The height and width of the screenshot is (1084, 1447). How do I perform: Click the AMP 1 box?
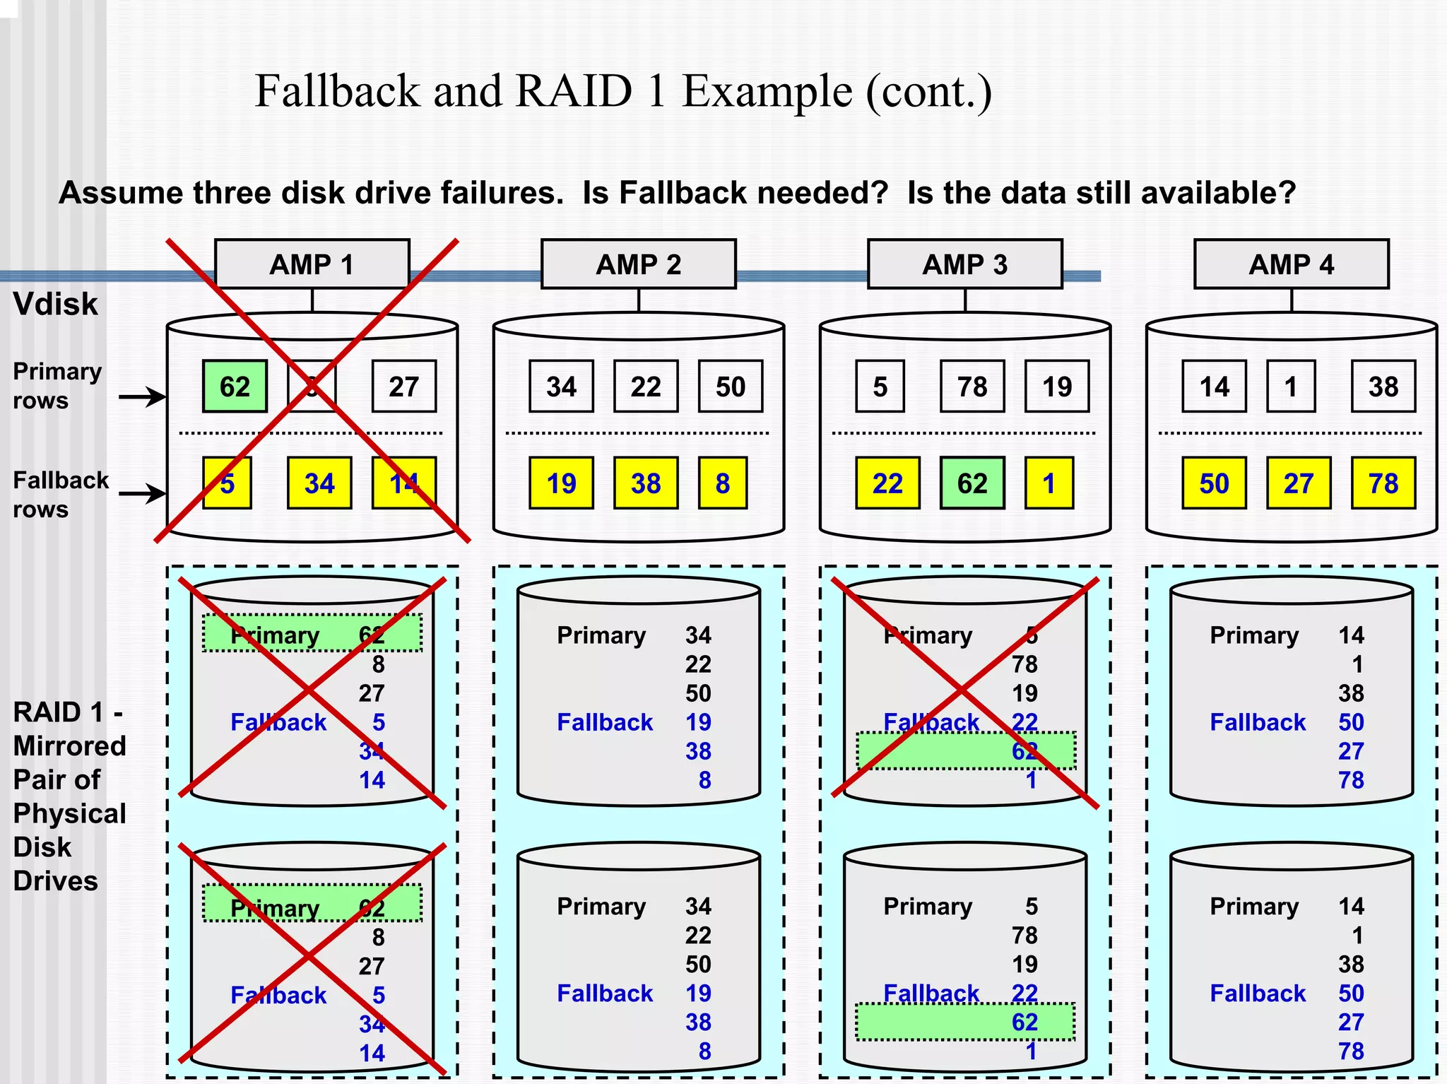[312, 264]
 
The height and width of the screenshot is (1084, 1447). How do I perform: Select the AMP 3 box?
[964, 264]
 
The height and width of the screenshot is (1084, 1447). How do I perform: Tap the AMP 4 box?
[1291, 264]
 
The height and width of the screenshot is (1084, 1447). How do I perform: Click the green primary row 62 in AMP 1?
[235, 387]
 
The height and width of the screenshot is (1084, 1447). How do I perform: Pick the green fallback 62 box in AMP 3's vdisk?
[971, 483]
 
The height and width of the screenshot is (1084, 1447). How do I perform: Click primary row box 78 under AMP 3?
[971, 387]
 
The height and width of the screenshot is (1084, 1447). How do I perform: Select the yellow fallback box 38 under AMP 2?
[645, 483]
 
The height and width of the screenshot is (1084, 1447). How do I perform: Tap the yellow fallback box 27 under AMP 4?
[1298, 483]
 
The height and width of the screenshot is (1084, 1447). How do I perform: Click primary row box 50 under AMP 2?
[730, 387]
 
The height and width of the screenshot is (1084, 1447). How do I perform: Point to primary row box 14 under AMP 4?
[1214, 387]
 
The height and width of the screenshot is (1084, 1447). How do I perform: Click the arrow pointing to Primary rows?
[141, 396]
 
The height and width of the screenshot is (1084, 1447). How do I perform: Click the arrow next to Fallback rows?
[141, 493]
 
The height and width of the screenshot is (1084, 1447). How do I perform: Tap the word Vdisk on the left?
[55, 304]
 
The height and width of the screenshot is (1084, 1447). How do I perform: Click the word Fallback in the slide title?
[337, 91]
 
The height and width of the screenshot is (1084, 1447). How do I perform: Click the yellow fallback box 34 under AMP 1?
[319, 483]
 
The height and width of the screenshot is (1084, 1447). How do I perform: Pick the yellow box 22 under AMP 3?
[887, 483]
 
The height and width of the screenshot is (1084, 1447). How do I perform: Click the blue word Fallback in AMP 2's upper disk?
[605, 722]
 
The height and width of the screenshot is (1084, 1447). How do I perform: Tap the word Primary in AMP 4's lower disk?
[1254, 907]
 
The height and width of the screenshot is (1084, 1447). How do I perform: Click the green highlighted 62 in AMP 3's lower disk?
[1024, 1022]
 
